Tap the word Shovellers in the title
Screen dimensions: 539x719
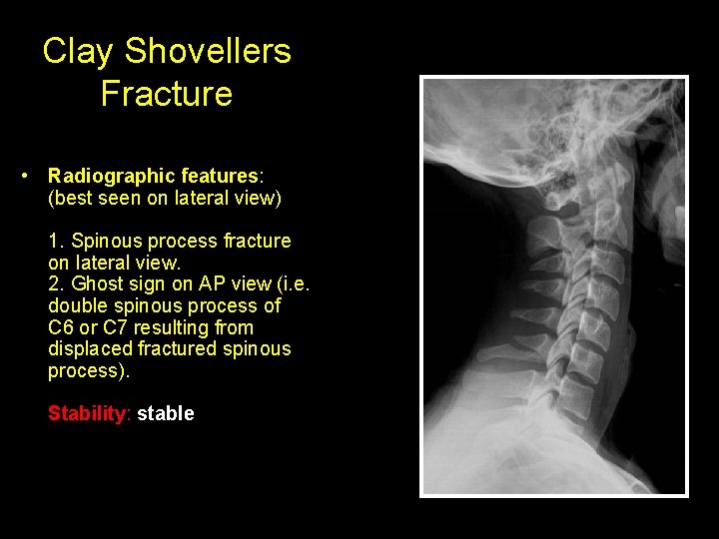tap(207, 52)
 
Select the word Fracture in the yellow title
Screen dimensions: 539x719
tap(167, 94)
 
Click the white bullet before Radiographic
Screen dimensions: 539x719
tap(23, 176)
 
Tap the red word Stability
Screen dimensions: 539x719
tap(88, 413)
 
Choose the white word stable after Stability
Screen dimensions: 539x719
tap(166, 413)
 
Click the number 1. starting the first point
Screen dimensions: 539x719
tap(56, 241)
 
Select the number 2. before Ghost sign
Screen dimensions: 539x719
tap(56, 283)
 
